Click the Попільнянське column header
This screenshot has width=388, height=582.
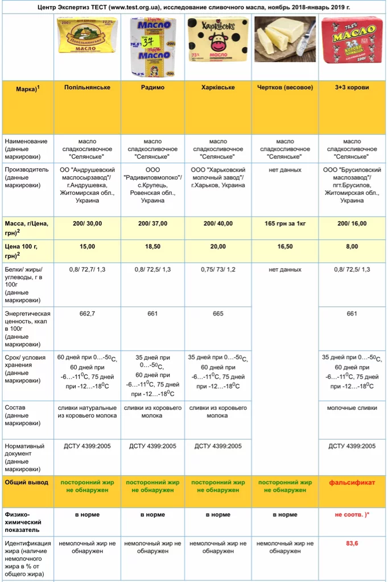[x=87, y=88]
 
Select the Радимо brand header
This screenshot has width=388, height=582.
[x=152, y=88]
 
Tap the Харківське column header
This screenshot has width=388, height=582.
[x=218, y=88]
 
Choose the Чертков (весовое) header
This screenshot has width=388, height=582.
[x=285, y=88]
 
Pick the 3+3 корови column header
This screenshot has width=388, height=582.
[x=352, y=88]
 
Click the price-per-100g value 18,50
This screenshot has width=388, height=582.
[x=152, y=247]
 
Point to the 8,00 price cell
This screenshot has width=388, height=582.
[x=352, y=247]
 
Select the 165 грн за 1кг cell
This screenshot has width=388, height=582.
[x=285, y=223]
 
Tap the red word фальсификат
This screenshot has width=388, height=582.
[x=352, y=483]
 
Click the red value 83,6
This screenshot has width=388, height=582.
[x=352, y=543]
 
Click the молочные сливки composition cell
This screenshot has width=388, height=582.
[x=352, y=408]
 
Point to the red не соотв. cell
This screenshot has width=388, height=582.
[x=352, y=514]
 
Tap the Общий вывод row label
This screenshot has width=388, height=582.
[x=26, y=483]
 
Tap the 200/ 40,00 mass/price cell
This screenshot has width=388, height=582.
[x=218, y=223]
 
